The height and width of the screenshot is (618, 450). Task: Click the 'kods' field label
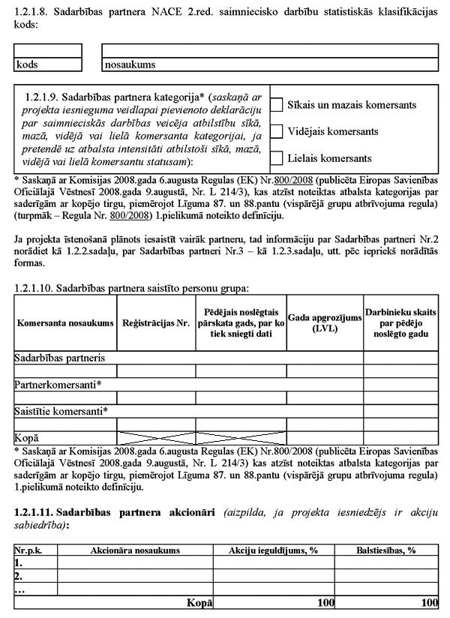pyautogui.click(x=27, y=64)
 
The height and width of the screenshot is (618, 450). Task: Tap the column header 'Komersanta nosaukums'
pyautogui.click(x=65, y=322)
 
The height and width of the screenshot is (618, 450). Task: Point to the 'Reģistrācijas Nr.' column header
pyautogui.click(x=156, y=322)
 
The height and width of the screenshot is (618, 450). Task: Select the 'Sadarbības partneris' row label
pyautogui.click(x=59, y=358)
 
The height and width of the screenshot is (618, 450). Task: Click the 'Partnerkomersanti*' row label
pyautogui.click(x=58, y=384)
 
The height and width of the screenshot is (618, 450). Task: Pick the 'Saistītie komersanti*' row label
pyautogui.click(x=61, y=410)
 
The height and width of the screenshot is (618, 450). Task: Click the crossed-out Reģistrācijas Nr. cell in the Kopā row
pyautogui.click(x=156, y=437)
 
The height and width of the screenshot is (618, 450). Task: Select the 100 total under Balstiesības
pyautogui.click(x=429, y=602)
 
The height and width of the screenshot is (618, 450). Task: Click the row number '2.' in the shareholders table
pyautogui.click(x=19, y=576)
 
